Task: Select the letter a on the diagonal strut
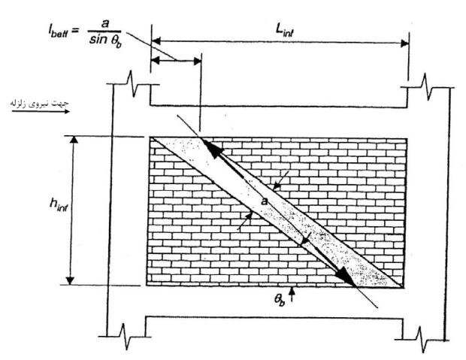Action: point(265,202)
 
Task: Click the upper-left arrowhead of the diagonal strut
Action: point(210,147)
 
